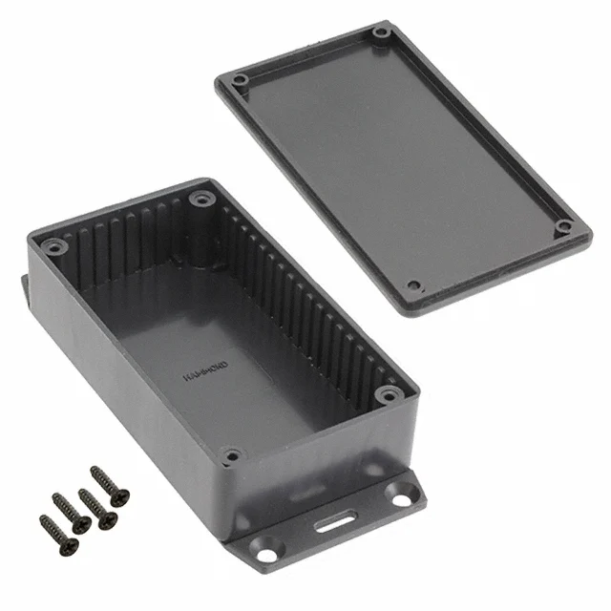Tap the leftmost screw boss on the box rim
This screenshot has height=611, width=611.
(53, 247)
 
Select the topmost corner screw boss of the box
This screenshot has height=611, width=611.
(200, 200)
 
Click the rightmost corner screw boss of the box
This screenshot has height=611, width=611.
(388, 394)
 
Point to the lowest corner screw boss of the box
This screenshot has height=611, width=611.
(230, 456)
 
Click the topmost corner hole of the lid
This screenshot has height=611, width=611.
(381, 33)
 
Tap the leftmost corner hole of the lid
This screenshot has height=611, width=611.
(240, 79)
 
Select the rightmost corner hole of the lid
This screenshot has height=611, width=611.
(564, 227)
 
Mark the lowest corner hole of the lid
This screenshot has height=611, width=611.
(413, 285)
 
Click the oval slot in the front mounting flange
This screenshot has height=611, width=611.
(331, 523)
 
